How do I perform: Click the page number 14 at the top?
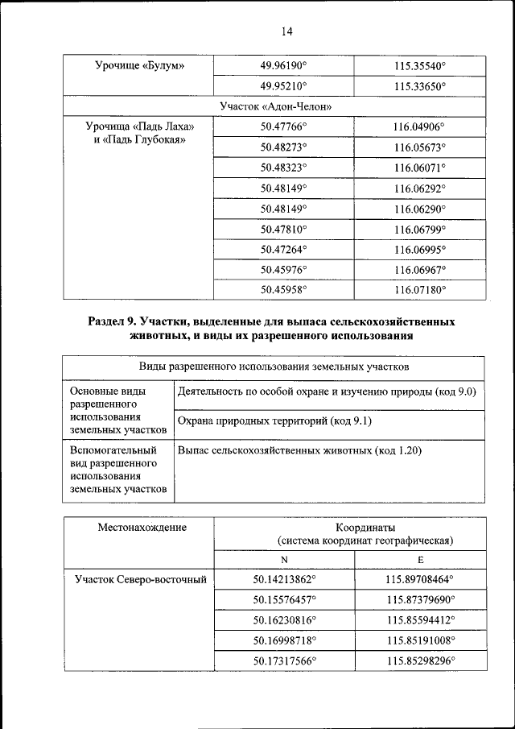(x=286, y=31)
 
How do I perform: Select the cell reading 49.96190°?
(x=284, y=65)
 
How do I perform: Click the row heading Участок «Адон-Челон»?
(x=276, y=106)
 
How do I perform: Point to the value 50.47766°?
(x=284, y=126)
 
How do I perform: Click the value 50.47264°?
(x=284, y=249)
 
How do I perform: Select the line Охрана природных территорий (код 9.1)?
(x=273, y=421)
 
